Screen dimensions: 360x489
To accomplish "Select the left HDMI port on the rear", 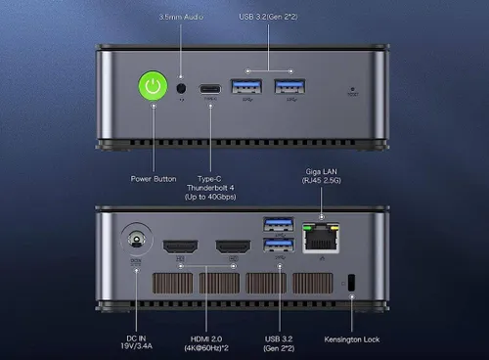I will coord(179,247).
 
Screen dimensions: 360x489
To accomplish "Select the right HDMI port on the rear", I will coord(233,247).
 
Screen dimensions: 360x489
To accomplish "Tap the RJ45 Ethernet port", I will coord(322,237).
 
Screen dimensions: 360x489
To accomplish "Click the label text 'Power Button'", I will coord(153,178).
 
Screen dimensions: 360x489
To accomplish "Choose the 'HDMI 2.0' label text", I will coord(207,338).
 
